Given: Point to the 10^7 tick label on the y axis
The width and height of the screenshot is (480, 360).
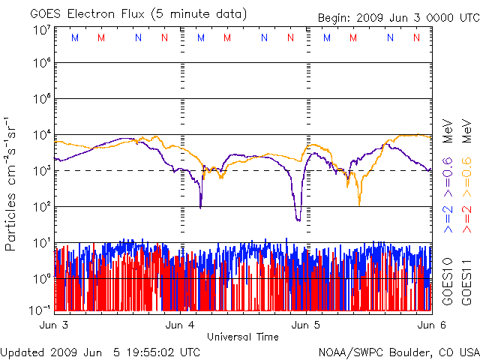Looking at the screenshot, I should pos(40,30).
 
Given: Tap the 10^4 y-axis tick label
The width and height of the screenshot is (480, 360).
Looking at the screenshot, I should pos(40,136).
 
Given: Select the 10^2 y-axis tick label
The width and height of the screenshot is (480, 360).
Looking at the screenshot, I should pos(40,208).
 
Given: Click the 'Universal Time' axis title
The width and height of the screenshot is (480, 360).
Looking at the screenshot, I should pos(242,337).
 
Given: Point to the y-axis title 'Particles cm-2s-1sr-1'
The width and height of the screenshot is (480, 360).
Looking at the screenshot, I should pos(12,184).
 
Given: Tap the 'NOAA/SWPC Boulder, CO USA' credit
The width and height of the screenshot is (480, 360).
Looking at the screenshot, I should pos(398,351).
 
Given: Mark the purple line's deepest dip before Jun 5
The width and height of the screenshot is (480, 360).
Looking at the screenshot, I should pos(298,219).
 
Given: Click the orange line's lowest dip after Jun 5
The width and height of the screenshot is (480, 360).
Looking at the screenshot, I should pos(359,203).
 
